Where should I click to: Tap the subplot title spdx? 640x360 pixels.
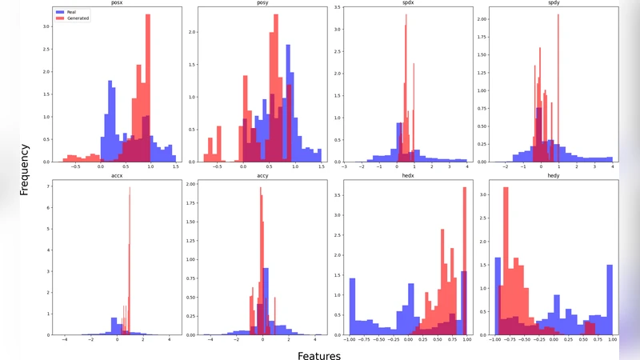403,3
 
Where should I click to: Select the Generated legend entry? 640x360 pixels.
78,18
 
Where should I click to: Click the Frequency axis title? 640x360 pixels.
25,170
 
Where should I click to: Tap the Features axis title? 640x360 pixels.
319,354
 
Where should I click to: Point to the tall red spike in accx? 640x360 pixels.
130,264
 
